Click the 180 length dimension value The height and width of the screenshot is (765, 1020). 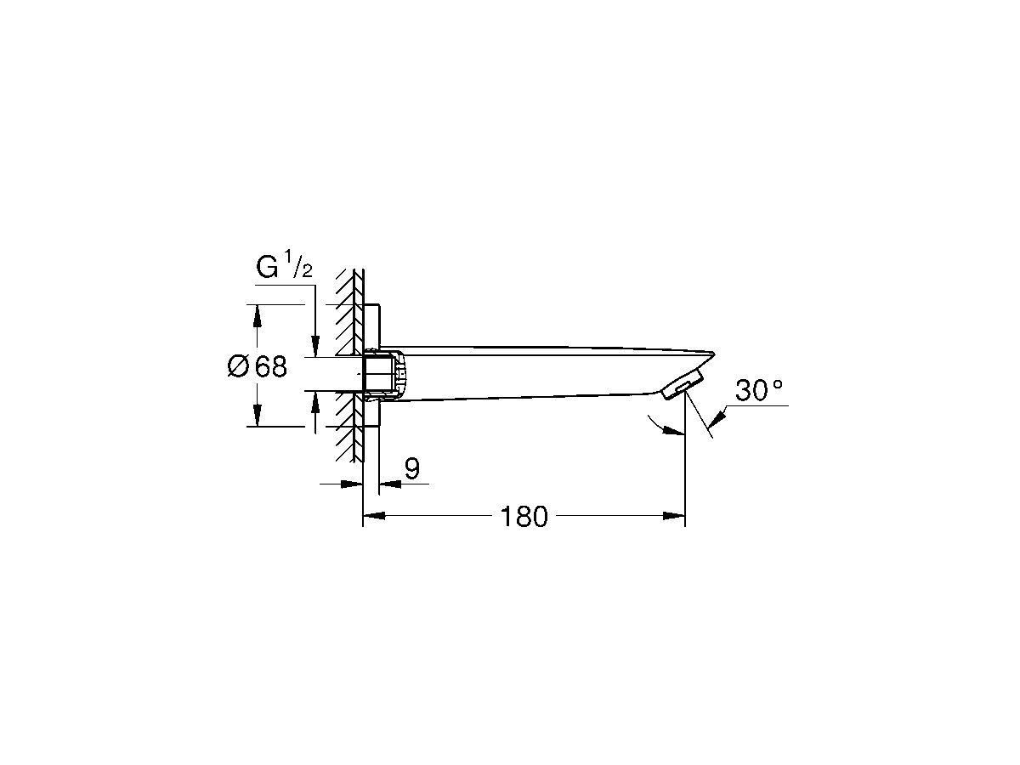(524, 516)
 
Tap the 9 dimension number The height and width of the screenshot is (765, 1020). (411, 468)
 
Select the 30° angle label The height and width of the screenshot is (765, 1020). (758, 391)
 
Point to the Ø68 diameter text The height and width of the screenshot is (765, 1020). (258, 367)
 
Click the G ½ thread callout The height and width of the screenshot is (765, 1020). (285, 268)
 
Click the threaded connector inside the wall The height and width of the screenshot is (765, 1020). (377, 373)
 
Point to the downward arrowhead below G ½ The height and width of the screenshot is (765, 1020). (315, 345)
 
